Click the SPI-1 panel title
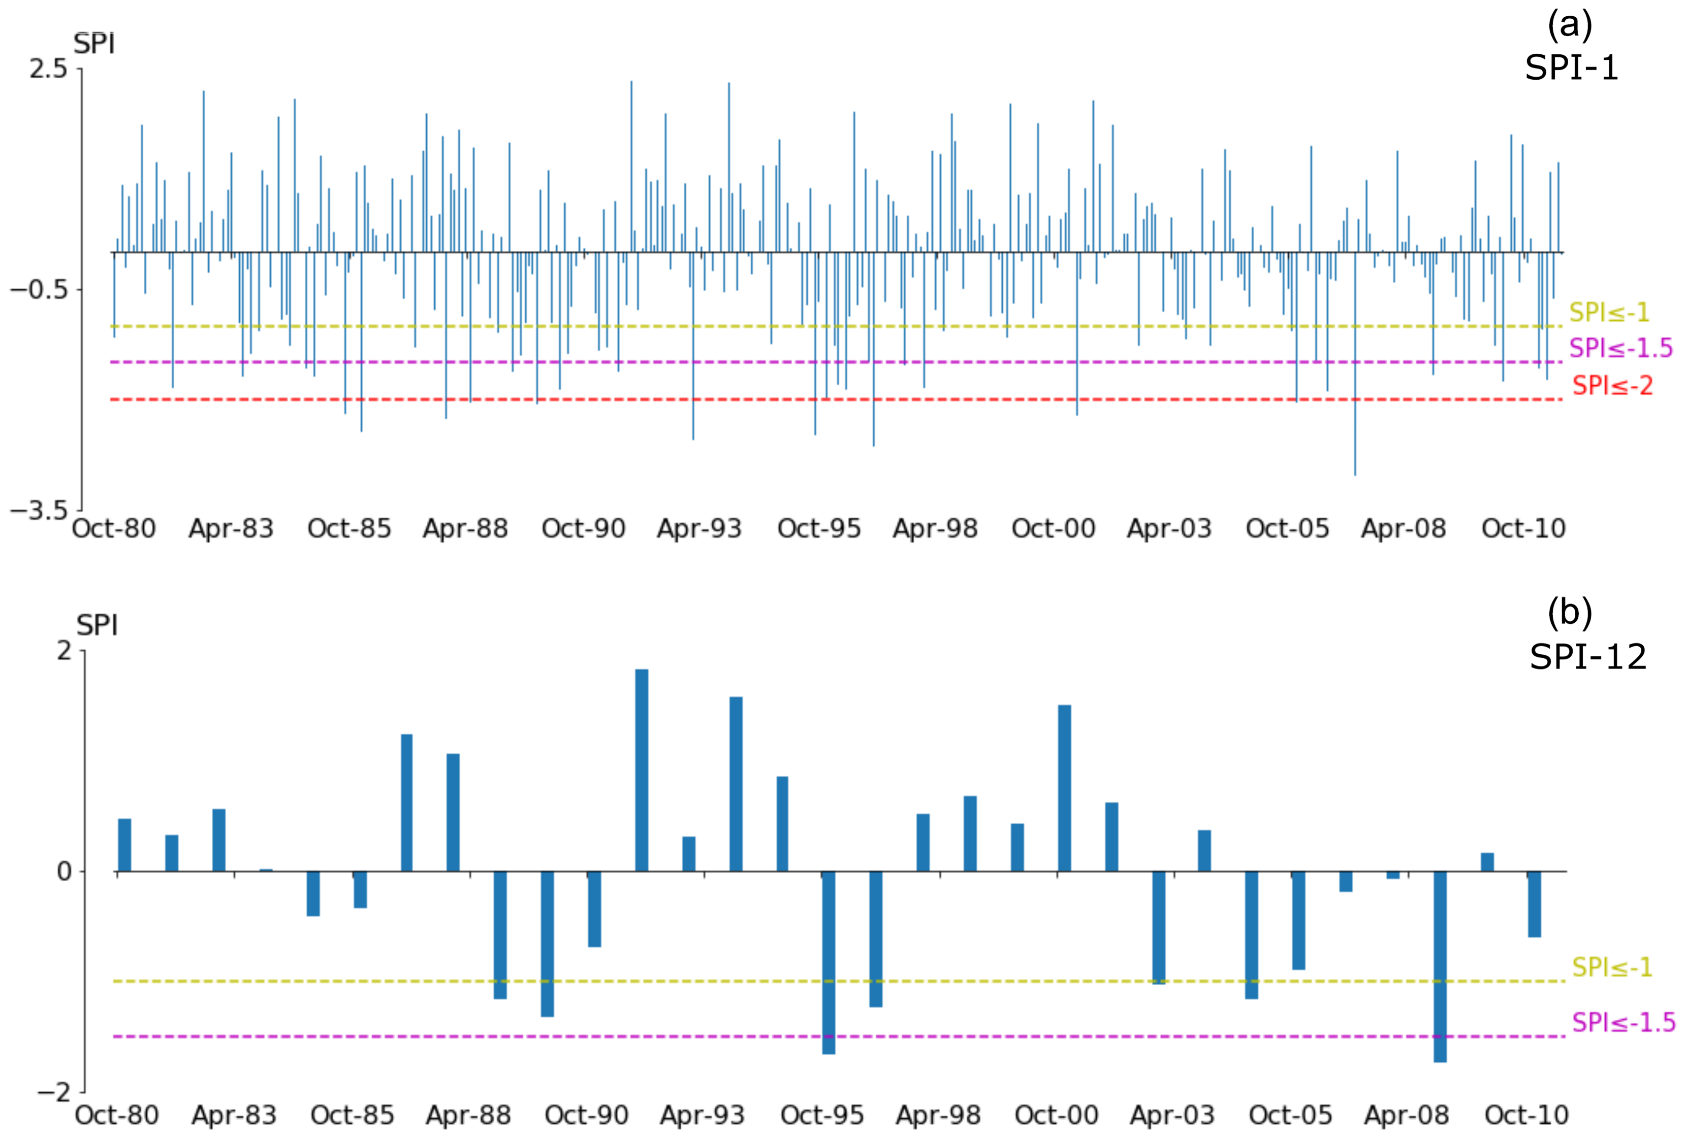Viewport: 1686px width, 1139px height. [x=1571, y=68]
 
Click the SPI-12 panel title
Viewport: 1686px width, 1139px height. [x=1587, y=657]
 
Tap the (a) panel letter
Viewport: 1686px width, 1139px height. [x=1569, y=25]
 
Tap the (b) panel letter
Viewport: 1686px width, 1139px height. [x=1569, y=613]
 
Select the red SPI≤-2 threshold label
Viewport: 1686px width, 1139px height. [x=1612, y=385]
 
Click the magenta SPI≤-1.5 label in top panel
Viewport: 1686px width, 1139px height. [x=1620, y=348]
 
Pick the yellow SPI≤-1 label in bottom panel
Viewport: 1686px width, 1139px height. [x=1611, y=966]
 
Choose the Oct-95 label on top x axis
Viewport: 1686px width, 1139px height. [x=819, y=528]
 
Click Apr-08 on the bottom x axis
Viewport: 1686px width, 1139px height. [x=1406, y=1115]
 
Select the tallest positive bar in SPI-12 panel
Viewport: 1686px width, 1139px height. [x=641, y=768]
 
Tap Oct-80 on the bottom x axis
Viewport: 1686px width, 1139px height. [x=117, y=1115]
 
